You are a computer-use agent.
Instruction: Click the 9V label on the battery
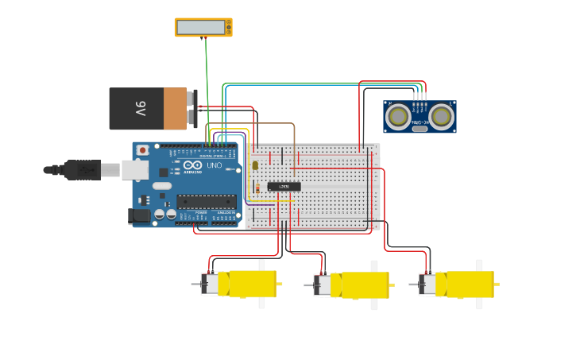pos(141,109)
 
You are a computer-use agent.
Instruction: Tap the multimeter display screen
pos(201,27)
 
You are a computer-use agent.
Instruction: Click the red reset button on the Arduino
pos(142,149)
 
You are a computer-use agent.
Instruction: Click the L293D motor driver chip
pos(284,186)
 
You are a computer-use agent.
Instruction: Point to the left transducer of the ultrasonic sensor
pos(398,117)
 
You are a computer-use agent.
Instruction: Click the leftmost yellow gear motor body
pos(247,284)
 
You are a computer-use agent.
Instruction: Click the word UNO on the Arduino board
pos(214,165)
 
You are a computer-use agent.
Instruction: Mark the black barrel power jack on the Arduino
pos(139,215)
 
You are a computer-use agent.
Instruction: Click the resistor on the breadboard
pos(257,188)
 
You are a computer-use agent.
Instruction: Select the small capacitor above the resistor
pos(255,165)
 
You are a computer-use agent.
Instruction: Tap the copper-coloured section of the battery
pos(175,109)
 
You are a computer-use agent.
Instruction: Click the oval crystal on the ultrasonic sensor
pos(419,128)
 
